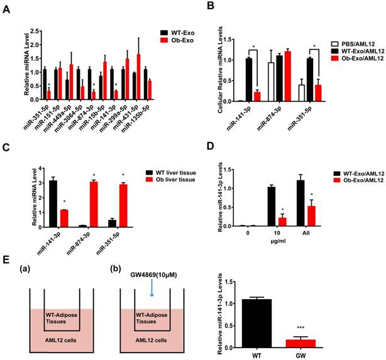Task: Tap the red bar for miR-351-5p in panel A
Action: tap(48, 94)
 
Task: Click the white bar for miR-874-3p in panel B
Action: tap(271, 82)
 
